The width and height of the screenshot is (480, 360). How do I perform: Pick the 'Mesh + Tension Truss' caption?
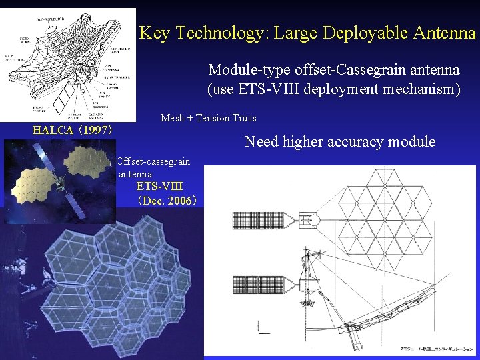[208, 118]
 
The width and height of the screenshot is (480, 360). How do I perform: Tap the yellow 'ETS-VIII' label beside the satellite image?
[159, 187]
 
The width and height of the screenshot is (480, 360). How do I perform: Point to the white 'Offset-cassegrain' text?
[153, 161]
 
